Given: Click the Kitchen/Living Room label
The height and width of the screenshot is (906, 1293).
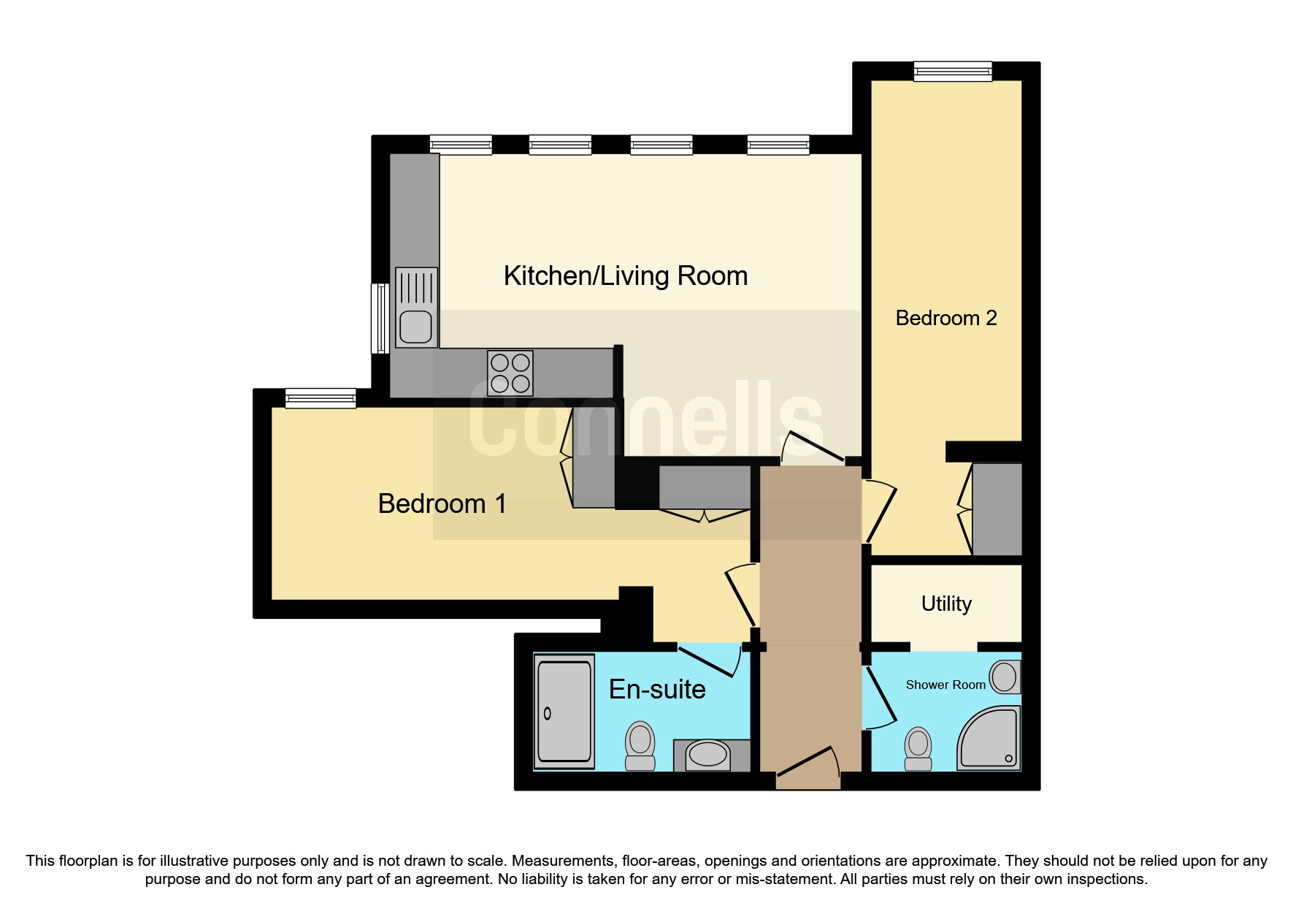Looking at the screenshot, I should tap(626, 276).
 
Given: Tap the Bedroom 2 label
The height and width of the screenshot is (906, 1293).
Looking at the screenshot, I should tap(945, 318).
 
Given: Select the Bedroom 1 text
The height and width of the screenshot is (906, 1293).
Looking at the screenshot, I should tap(442, 503).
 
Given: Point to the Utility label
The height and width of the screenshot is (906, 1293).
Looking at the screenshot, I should tap(946, 604).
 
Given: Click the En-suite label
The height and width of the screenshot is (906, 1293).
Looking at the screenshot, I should tap(657, 689).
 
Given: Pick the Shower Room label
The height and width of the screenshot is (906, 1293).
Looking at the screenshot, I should tap(945, 685).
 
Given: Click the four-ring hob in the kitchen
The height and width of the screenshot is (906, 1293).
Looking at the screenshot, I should tap(510, 373).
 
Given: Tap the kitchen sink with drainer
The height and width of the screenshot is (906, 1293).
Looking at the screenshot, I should tap(416, 308).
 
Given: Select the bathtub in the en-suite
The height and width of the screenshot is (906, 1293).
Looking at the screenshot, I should tap(564, 711).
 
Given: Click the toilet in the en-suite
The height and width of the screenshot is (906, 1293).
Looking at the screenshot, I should tap(640, 745).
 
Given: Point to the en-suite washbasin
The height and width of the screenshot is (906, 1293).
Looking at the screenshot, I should tap(707, 754).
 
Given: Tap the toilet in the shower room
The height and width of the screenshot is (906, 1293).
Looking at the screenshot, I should tap(918, 748).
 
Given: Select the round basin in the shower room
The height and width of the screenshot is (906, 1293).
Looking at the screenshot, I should tap(1005, 677).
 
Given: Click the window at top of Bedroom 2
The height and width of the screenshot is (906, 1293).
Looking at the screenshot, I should tap(953, 71).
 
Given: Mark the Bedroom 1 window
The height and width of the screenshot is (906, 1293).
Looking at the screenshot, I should tap(320, 398).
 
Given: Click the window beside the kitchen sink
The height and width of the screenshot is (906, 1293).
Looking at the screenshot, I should tap(380, 318).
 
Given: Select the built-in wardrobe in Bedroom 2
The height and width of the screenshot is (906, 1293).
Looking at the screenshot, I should tap(997, 509).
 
